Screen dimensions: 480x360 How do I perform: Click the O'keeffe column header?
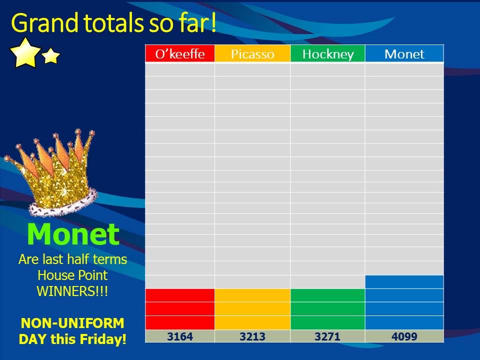[x=180, y=53]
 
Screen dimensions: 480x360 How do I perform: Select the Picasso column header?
[x=252, y=53]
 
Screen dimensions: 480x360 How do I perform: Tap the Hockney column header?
[x=328, y=53]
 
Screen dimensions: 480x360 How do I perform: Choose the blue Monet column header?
[x=404, y=53]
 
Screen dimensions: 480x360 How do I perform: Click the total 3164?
[x=180, y=336]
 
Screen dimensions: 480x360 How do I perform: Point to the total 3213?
[x=252, y=336]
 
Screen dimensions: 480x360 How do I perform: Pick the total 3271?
[x=327, y=336]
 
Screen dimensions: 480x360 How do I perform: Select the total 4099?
[x=404, y=336]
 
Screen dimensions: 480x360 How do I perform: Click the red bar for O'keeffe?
[x=180, y=309]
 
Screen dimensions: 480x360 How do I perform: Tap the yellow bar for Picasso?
[x=252, y=309]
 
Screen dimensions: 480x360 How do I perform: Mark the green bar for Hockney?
[x=328, y=309]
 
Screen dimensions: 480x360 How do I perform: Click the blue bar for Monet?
[x=404, y=302]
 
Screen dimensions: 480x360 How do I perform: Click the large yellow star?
[x=25, y=52]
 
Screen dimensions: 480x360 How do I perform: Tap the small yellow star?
[x=51, y=55]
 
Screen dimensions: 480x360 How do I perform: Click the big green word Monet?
[x=73, y=234]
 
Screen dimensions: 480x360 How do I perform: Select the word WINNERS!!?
[x=72, y=291]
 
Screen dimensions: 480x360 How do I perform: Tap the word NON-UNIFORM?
[x=72, y=323]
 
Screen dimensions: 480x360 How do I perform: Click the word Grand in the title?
[x=44, y=23]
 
